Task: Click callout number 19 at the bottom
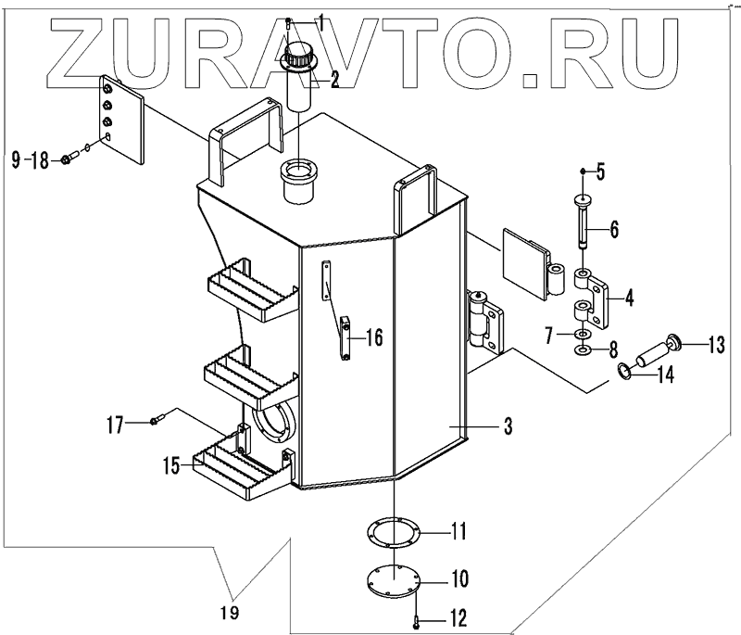[231, 612]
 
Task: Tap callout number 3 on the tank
[508, 427]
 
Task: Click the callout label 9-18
[30, 161]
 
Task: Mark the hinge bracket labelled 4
[597, 300]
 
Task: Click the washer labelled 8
[582, 350]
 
